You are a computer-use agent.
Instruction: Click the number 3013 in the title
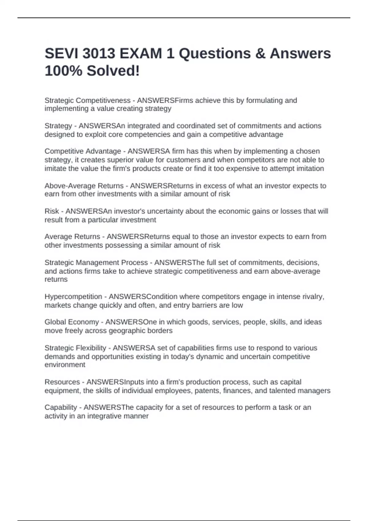point(99,54)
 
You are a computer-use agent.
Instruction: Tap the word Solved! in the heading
point(113,71)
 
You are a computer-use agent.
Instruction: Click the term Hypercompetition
point(73,297)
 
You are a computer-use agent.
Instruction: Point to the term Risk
point(52,211)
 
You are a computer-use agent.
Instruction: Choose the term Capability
point(61,407)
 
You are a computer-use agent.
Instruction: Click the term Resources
point(62,382)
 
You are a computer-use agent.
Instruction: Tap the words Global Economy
point(72,322)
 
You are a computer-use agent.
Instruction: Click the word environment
point(65,365)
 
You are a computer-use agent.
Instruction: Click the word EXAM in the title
point(141,54)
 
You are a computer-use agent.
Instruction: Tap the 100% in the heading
point(63,71)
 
